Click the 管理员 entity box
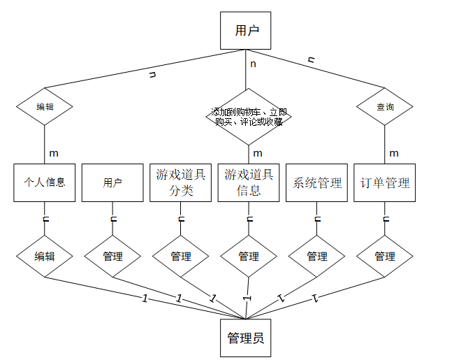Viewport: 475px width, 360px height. (245, 338)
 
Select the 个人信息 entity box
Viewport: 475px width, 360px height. (44, 182)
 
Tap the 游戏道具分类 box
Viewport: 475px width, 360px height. (180, 182)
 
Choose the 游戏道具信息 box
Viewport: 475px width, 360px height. (249, 182)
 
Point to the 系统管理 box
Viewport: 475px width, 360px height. (316, 182)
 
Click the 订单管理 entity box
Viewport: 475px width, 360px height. (385, 182)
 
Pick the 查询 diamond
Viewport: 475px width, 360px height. (385, 106)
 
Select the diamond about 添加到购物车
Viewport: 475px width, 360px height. (249, 117)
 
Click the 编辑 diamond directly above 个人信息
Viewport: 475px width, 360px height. (45, 106)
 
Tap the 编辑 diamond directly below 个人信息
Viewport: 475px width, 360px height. (45, 257)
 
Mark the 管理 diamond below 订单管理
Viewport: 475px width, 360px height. (385, 257)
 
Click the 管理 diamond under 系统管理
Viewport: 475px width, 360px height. (316, 257)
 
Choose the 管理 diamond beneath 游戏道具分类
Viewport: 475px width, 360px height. (180, 257)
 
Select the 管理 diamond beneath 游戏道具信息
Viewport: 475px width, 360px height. (249, 257)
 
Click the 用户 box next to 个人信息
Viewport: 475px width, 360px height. (112, 182)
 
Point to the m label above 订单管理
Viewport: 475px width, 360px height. (394, 153)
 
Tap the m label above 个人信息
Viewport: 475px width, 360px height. (54, 153)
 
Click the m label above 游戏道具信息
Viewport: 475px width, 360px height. (258, 153)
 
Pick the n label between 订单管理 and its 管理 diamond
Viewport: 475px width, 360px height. (386, 219)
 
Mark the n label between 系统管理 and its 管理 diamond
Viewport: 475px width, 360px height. (318, 219)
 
